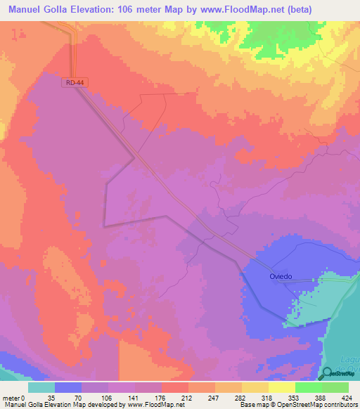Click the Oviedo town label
pos(281,276)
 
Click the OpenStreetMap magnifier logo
pos(328,372)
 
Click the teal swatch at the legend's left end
pos(41,387)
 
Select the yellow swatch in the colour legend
pos(282,387)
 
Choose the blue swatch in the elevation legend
pos(68,387)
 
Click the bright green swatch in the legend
pos(309,387)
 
